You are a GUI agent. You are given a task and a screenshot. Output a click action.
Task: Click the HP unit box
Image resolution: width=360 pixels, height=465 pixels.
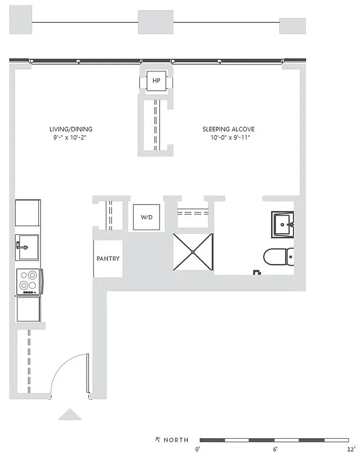tap(156, 81)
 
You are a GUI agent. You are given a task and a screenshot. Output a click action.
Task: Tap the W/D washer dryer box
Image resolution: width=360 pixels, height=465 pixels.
tap(146, 218)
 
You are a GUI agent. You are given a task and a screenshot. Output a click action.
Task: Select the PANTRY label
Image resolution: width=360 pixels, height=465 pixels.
tap(108, 259)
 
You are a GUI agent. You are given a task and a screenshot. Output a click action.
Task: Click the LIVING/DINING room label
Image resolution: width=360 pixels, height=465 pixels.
tap(70, 129)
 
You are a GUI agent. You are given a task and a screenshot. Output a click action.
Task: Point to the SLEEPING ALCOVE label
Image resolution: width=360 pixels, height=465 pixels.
tap(228, 129)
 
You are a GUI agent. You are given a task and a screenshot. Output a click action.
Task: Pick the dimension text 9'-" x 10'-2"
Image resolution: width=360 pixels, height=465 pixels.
tap(70, 138)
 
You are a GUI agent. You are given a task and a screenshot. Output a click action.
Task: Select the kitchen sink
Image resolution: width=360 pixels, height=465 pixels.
tap(27, 247)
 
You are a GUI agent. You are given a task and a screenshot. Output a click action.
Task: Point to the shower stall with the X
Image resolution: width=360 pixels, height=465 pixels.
tap(193, 252)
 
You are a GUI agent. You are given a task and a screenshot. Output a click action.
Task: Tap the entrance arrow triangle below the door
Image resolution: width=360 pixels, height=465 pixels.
tap(70, 414)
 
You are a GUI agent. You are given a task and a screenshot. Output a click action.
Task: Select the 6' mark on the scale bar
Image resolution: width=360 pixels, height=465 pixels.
tap(275, 449)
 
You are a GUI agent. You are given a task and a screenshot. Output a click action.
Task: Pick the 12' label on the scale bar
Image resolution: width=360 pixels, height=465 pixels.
tap(351, 449)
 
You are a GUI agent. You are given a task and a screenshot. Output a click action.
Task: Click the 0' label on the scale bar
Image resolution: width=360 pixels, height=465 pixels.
tap(198, 449)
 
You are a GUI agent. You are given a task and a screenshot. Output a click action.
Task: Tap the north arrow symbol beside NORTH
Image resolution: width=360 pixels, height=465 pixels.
tap(157, 439)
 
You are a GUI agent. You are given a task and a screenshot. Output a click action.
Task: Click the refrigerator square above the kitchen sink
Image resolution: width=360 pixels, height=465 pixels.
tap(27, 213)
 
